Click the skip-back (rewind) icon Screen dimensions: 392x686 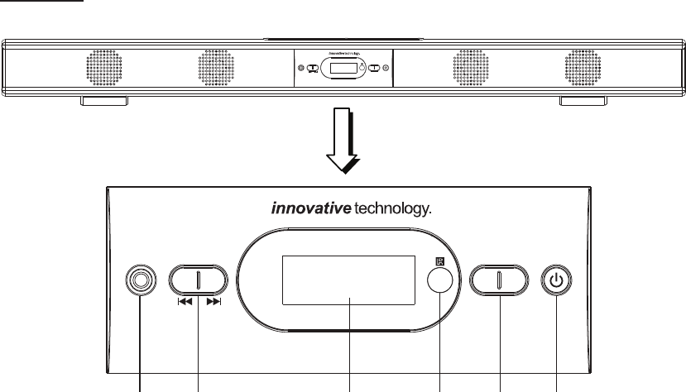[185, 302]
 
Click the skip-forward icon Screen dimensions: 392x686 [213, 302]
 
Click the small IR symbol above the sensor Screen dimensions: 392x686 [439, 262]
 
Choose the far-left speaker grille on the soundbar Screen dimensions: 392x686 [104, 67]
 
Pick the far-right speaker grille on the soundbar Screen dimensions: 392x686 [583, 67]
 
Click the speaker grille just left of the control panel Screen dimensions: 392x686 [216, 67]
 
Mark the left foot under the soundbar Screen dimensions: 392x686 [104, 101]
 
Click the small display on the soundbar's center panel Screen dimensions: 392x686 [342, 68]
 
